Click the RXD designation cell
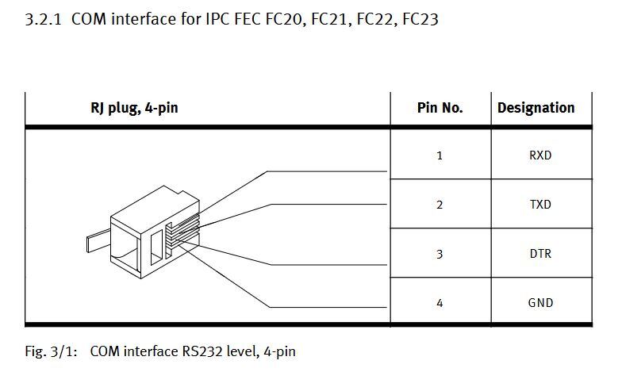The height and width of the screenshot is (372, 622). point(539,155)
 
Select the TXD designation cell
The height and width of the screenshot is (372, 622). point(539,205)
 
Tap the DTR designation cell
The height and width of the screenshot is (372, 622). point(539,254)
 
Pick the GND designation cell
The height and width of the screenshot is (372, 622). point(539,303)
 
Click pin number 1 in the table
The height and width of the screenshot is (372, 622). point(440,155)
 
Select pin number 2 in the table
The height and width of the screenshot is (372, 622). point(440,205)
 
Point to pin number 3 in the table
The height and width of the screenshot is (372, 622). point(440,254)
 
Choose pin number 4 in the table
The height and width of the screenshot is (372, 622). point(440,303)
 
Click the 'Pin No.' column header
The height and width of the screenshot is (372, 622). point(440,108)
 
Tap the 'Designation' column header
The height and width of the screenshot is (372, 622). point(536,108)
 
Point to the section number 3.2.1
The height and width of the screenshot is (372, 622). point(44,17)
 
